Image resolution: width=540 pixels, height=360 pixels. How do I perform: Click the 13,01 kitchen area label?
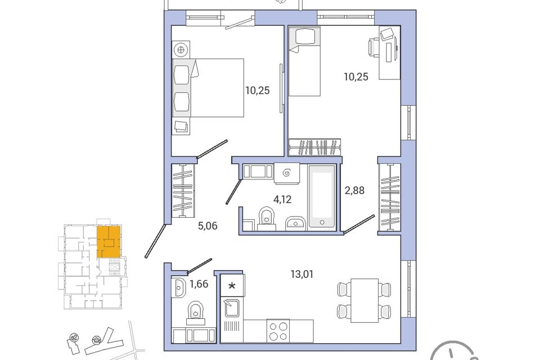click(x=302, y=274)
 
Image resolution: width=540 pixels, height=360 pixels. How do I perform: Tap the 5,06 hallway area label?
click(x=208, y=226)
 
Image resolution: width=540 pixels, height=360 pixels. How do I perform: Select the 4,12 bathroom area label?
click(x=282, y=199)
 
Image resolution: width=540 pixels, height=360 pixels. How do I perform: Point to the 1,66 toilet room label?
click(x=199, y=284)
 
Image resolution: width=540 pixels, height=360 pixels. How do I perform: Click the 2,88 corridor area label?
click(x=354, y=190)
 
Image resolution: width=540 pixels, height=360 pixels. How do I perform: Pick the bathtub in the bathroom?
click(x=322, y=196)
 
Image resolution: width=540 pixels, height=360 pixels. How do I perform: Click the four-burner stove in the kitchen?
click(x=278, y=331)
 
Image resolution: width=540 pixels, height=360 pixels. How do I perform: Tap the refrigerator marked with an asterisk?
click(x=232, y=285)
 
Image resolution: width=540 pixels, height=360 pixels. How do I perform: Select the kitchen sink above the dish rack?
click(x=232, y=308)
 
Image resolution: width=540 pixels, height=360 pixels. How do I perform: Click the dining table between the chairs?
click(x=364, y=300)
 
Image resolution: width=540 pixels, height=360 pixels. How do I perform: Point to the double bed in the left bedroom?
click(x=208, y=88)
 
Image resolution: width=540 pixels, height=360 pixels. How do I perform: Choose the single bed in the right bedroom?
click(x=304, y=61)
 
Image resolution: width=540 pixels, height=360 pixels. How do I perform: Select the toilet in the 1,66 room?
click(x=196, y=312)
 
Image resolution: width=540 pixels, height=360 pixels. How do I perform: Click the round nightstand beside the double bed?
click(x=181, y=50)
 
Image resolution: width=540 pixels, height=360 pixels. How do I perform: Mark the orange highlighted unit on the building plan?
click(x=109, y=242)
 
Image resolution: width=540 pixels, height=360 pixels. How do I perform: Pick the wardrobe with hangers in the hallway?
click(x=183, y=191)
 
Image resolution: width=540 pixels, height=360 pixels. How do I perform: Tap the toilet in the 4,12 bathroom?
click(x=266, y=218)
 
